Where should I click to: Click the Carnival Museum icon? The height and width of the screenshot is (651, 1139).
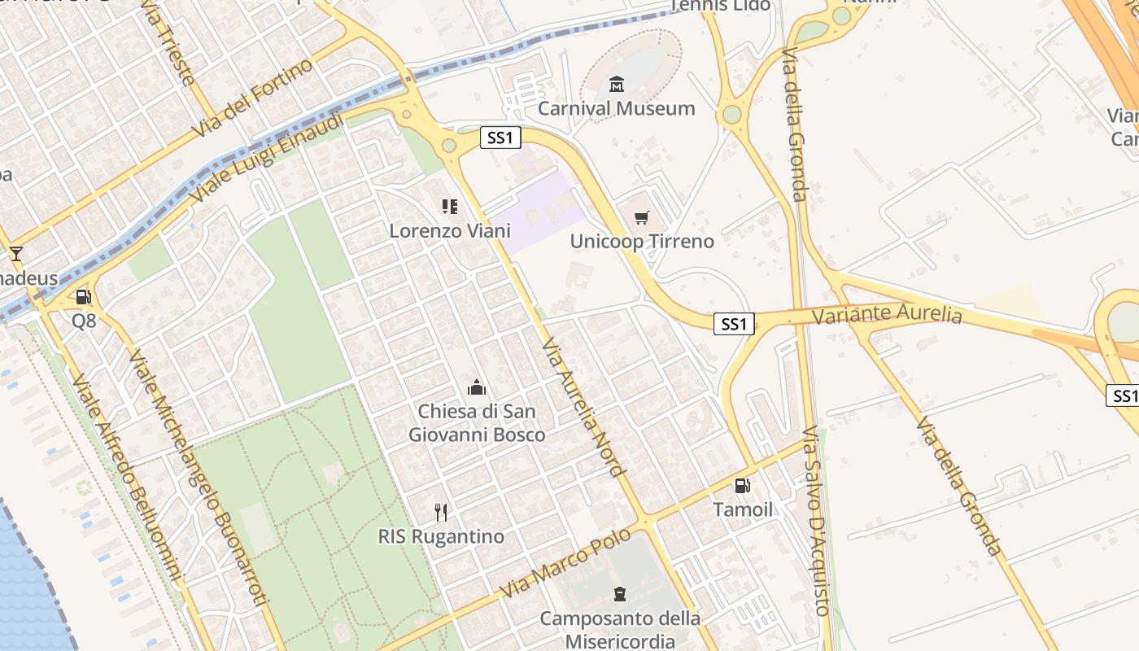coord(617,85)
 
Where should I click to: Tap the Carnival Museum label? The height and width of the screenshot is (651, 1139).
coord(617,108)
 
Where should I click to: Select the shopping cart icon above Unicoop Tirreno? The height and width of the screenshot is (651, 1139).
coord(642,217)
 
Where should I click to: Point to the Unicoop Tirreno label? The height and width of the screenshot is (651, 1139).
coord(642,241)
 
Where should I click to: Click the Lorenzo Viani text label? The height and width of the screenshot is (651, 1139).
coord(450,230)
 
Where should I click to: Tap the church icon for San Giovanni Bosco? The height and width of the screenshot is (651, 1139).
coord(477,387)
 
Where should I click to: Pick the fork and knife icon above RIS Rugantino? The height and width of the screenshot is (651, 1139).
coord(441,513)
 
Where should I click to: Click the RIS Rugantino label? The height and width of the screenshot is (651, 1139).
coord(441,536)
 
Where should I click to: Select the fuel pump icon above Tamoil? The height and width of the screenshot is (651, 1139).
coord(743,486)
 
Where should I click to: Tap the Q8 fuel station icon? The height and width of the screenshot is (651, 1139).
coord(83,297)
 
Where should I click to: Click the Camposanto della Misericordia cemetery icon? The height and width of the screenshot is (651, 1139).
coord(620,594)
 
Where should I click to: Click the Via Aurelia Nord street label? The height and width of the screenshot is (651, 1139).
coord(583,406)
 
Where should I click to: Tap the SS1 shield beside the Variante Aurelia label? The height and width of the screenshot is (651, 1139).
coord(734,324)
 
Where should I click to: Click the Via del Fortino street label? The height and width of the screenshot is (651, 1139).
coord(253,98)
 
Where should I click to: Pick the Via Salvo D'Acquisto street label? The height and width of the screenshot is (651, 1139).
coord(816,521)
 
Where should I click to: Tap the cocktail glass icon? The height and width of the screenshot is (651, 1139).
coord(15,253)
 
